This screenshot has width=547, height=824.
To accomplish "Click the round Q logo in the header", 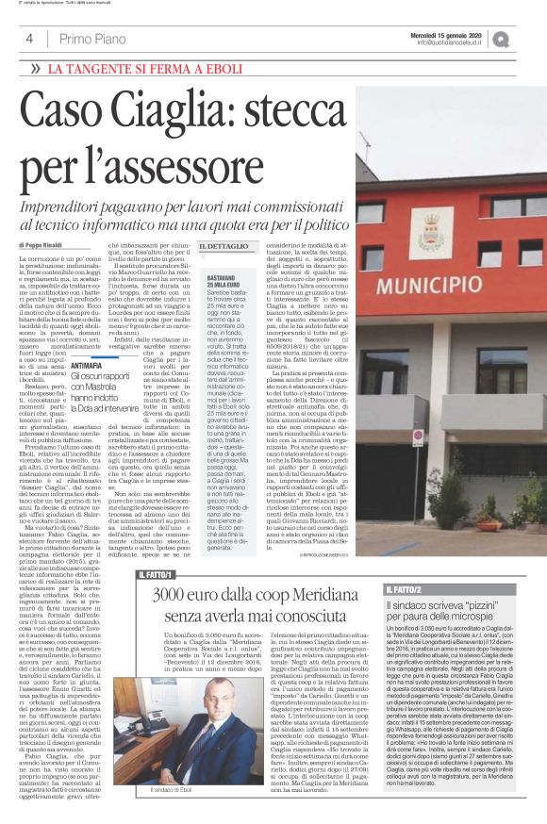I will pos(526,38).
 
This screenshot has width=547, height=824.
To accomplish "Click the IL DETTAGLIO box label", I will pos(224,245).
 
